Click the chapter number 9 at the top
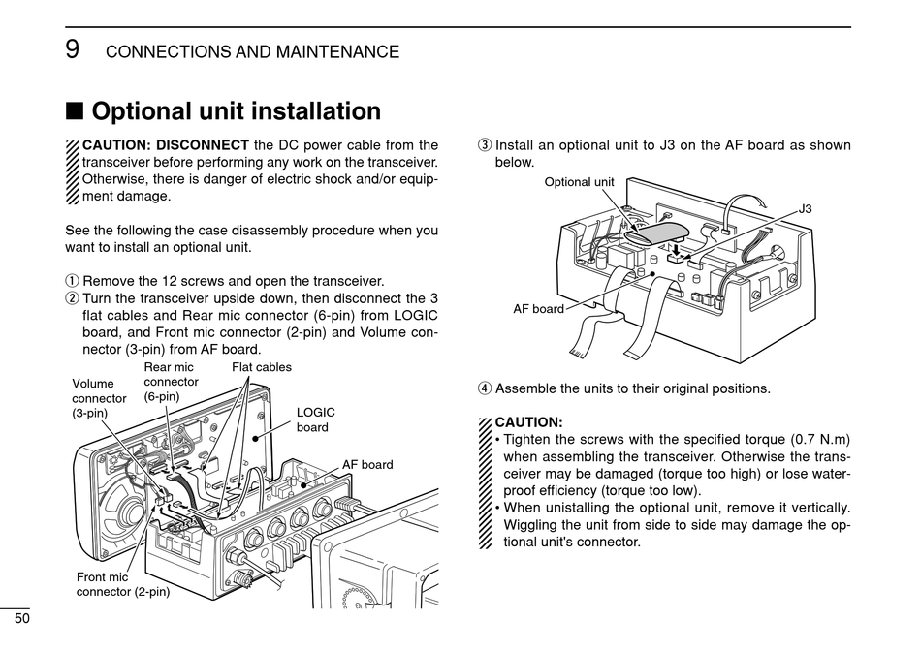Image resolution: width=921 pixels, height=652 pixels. (x=73, y=49)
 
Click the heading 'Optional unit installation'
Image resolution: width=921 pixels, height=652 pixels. (x=236, y=111)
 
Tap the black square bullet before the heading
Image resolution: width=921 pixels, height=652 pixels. (x=75, y=111)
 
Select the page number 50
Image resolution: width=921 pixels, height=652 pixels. (x=22, y=618)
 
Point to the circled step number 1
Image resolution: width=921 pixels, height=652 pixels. (x=71, y=281)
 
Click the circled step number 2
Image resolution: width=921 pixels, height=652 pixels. (x=71, y=298)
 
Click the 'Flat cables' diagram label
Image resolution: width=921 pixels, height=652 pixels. (x=262, y=368)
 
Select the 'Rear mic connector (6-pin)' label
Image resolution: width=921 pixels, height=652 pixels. (x=171, y=382)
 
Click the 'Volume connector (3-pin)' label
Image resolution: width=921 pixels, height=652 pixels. (x=99, y=398)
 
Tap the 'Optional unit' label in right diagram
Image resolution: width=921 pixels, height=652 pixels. (x=579, y=182)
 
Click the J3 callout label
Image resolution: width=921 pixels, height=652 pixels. (x=805, y=208)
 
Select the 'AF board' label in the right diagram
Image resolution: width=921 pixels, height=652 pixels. (x=538, y=309)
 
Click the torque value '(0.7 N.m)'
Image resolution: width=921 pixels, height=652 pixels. (x=821, y=439)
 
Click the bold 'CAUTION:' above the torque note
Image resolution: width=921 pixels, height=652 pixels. (x=528, y=422)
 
